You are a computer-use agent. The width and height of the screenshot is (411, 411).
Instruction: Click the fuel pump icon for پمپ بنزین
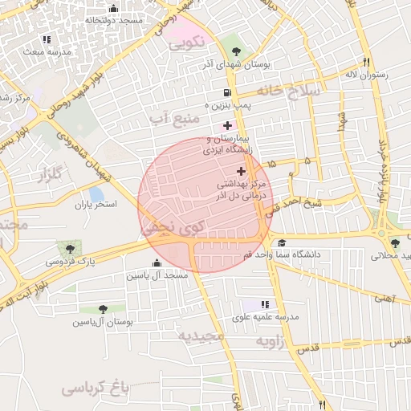[229, 93]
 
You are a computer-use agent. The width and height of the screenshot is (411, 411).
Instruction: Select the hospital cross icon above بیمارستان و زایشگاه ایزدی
[228, 125]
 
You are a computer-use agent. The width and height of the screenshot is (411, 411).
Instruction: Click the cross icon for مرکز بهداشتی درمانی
[241, 171]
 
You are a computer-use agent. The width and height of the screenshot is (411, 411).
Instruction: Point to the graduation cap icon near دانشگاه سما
[281, 242]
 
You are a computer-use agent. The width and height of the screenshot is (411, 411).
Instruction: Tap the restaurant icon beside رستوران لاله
[366, 62]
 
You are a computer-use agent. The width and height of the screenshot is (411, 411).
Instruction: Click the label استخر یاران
[96, 205]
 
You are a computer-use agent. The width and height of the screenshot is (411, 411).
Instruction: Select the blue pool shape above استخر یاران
[96, 193]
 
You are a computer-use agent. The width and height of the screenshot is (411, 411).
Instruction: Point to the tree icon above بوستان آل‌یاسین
[103, 309]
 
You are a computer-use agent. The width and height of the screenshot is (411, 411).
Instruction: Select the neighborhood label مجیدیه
[202, 336]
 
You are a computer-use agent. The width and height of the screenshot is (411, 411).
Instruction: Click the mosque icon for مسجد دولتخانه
[113, 9]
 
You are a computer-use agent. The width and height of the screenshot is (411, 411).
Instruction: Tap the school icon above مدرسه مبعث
[47, 39]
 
